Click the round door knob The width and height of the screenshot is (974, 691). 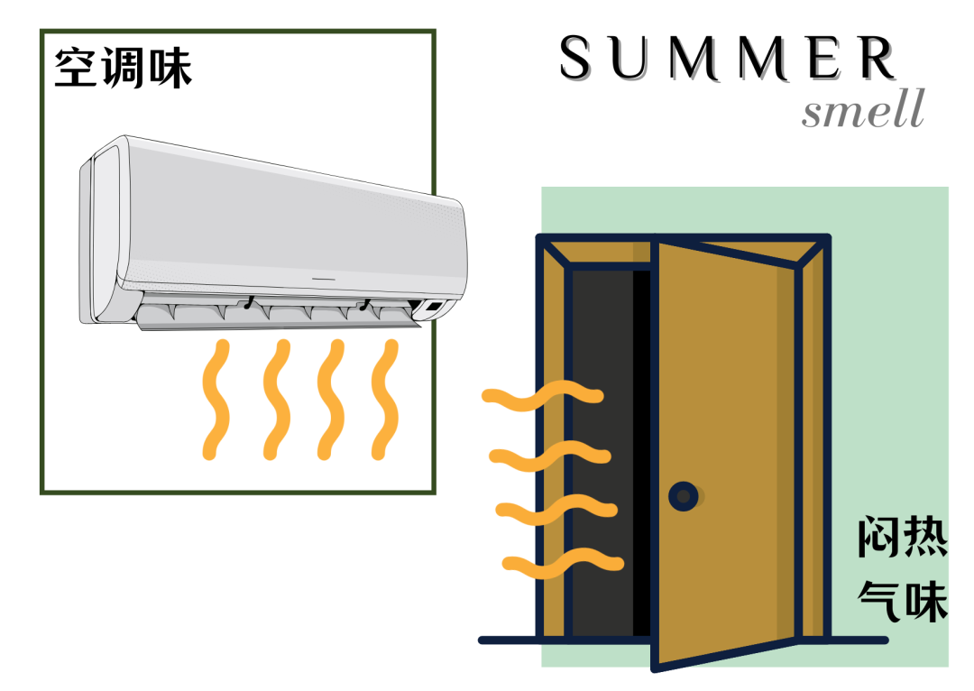[x=683, y=495]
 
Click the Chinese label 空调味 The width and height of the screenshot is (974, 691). [x=124, y=67]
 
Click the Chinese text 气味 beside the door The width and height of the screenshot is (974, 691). [x=902, y=600]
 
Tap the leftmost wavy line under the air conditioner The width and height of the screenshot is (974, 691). [x=215, y=399]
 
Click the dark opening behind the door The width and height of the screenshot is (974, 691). [x=602, y=451]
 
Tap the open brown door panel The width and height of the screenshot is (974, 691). [x=726, y=451]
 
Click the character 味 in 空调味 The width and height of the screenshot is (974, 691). [x=170, y=67]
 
